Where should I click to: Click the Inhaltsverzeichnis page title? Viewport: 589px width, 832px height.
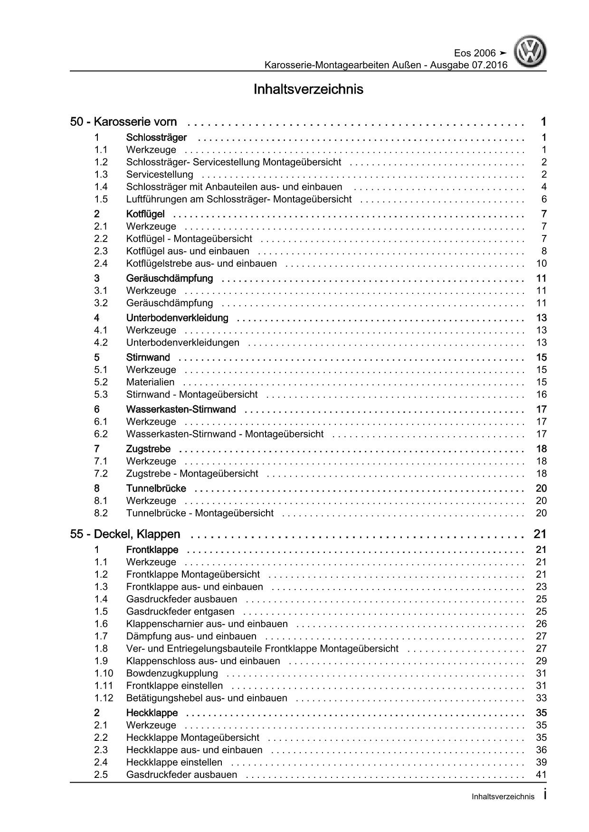pyautogui.click(x=308, y=89)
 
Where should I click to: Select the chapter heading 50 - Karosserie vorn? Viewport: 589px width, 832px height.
pyautogui.click(x=123, y=122)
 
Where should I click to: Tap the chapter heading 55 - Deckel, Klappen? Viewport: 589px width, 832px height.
pyautogui.click(x=125, y=534)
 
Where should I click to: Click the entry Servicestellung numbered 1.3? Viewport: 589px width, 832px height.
pyautogui.click(x=160, y=174)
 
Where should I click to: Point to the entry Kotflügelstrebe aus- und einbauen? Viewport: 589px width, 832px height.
pyautogui.click(x=201, y=263)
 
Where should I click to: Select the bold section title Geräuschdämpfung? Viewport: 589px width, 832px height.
pyautogui.click(x=170, y=278)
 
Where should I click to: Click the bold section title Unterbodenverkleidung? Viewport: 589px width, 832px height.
pyautogui.click(x=177, y=318)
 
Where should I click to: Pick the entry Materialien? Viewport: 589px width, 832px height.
pyautogui.click(x=150, y=382)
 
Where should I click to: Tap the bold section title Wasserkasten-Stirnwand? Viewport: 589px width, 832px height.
pyautogui.click(x=181, y=409)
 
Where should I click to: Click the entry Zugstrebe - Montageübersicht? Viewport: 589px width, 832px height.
pyautogui.click(x=192, y=473)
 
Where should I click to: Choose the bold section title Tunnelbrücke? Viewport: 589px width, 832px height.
pyautogui.click(x=156, y=488)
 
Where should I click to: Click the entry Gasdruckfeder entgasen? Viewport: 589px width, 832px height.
pyautogui.click(x=180, y=611)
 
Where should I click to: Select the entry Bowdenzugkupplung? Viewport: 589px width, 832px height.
pyautogui.click(x=172, y=673)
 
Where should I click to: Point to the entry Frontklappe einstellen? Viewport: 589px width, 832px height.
pyautogui.click(x=174, y=685)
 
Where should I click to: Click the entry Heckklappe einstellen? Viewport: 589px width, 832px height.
pyautogui.click(x=174, y=762)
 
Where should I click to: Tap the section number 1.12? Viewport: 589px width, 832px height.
pyautogui.click(x=104, y=698)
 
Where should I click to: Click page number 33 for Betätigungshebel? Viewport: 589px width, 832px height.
pyautogui.click(x=541, y=698)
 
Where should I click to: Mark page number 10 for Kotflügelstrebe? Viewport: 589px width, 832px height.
pyautogui.click(x=541, y=263)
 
